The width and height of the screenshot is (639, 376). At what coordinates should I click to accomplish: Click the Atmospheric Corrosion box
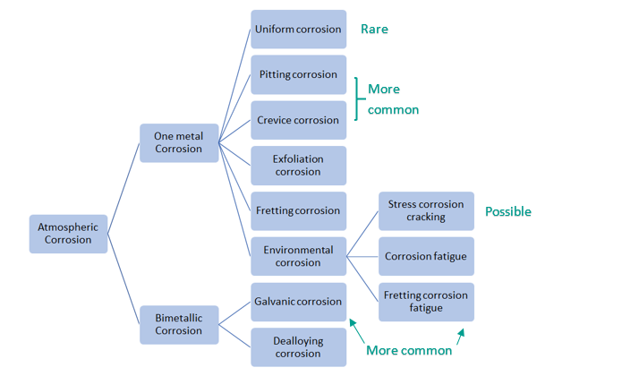pos(68,234)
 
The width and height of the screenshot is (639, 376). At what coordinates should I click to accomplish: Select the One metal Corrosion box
pos(179,142)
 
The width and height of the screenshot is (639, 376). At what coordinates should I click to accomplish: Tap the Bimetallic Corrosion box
pos(179,324)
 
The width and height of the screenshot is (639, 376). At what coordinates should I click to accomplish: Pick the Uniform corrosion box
pos(298,30)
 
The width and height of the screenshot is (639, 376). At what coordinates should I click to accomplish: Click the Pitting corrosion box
pos(298,74)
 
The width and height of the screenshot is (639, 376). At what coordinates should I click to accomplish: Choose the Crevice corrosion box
pos(298,120)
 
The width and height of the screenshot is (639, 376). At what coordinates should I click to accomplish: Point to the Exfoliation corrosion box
pos(298,166)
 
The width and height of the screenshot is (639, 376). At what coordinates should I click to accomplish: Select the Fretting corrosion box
pos(298,211)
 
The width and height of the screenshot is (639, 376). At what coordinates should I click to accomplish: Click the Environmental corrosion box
pos(298,256)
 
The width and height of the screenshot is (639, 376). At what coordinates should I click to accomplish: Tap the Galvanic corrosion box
pos(298,302)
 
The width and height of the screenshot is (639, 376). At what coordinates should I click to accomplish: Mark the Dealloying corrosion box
pos(298,347)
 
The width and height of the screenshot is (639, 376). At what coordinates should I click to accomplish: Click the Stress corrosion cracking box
pos(426,211)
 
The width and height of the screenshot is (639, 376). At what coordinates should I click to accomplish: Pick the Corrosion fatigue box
pos(426,257)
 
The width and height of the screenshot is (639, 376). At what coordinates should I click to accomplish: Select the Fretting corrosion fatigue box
pos(426,302)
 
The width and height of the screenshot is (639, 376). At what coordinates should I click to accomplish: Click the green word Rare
pos(374,30)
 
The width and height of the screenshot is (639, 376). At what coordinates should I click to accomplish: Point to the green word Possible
pos(507,212)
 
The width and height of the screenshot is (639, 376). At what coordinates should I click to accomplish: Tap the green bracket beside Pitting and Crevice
pos(359,98)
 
